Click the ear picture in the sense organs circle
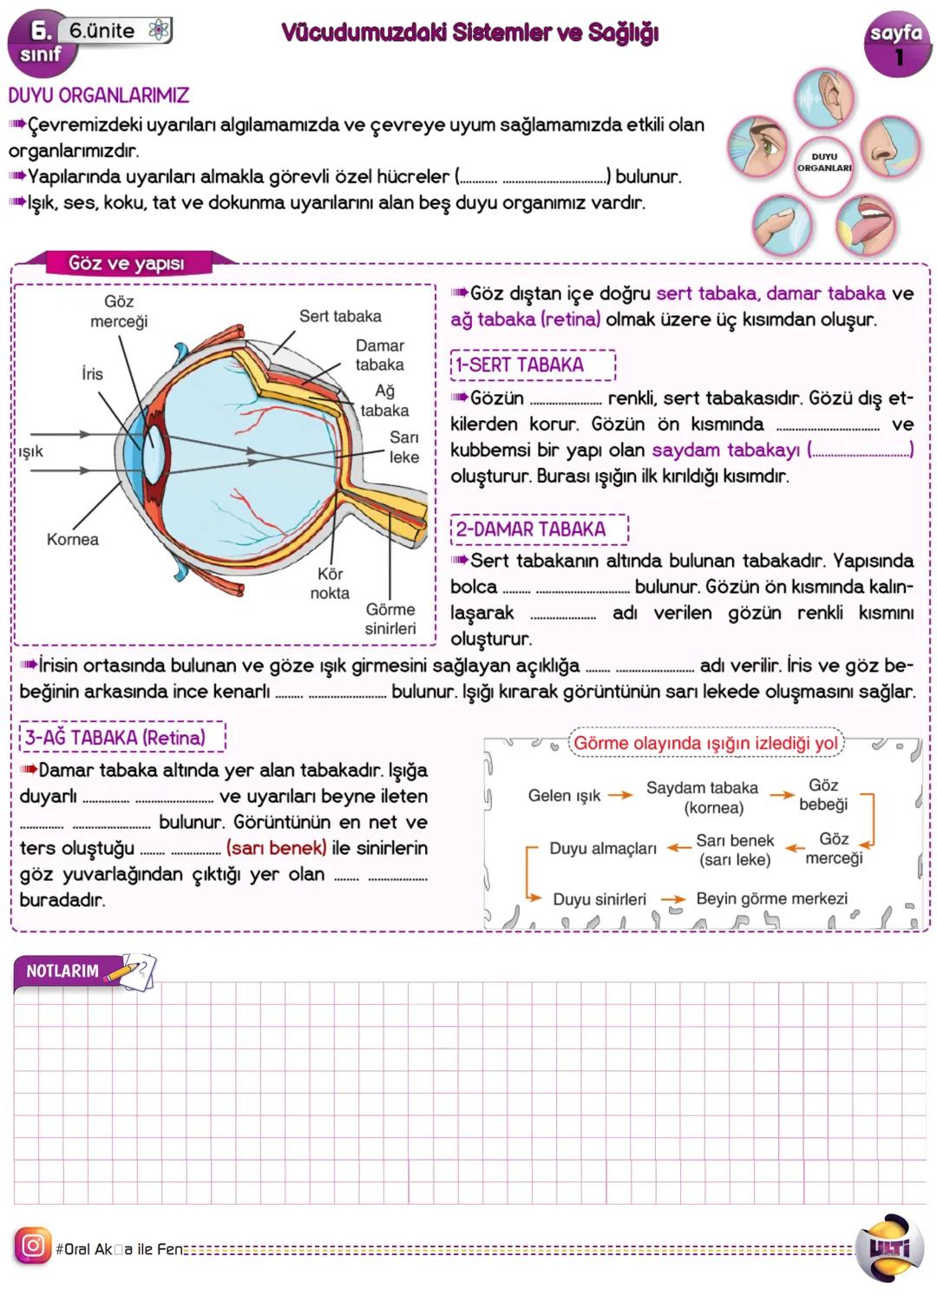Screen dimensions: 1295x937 [823, 96]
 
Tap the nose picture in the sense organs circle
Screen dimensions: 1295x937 [889, 147]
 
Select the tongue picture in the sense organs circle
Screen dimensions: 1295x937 [865, 223]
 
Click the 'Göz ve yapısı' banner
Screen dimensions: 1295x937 [127, 263]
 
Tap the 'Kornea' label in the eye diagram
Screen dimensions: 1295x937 [73, 539]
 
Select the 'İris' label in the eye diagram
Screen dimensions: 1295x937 [92, 374]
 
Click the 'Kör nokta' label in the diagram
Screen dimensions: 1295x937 [330, 583]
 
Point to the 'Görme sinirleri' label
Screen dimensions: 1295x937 [390, 619]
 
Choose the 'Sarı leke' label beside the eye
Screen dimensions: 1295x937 [403, 447]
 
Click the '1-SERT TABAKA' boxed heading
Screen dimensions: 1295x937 [533, 365]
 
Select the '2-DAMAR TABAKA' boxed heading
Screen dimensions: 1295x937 [539, 529]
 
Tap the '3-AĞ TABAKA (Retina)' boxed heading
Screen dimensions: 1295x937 [122, 738]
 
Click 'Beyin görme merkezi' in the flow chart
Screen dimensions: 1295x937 [771, 898]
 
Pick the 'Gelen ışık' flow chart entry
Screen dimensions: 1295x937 [564, 795]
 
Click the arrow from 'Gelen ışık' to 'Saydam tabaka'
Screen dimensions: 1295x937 [620, 795]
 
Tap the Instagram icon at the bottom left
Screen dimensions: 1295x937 [32, 1246]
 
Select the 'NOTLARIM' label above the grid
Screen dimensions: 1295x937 [62, 970]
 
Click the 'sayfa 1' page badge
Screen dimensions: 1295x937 [897, 44]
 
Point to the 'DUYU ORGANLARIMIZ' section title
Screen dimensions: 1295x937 [99, 95]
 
